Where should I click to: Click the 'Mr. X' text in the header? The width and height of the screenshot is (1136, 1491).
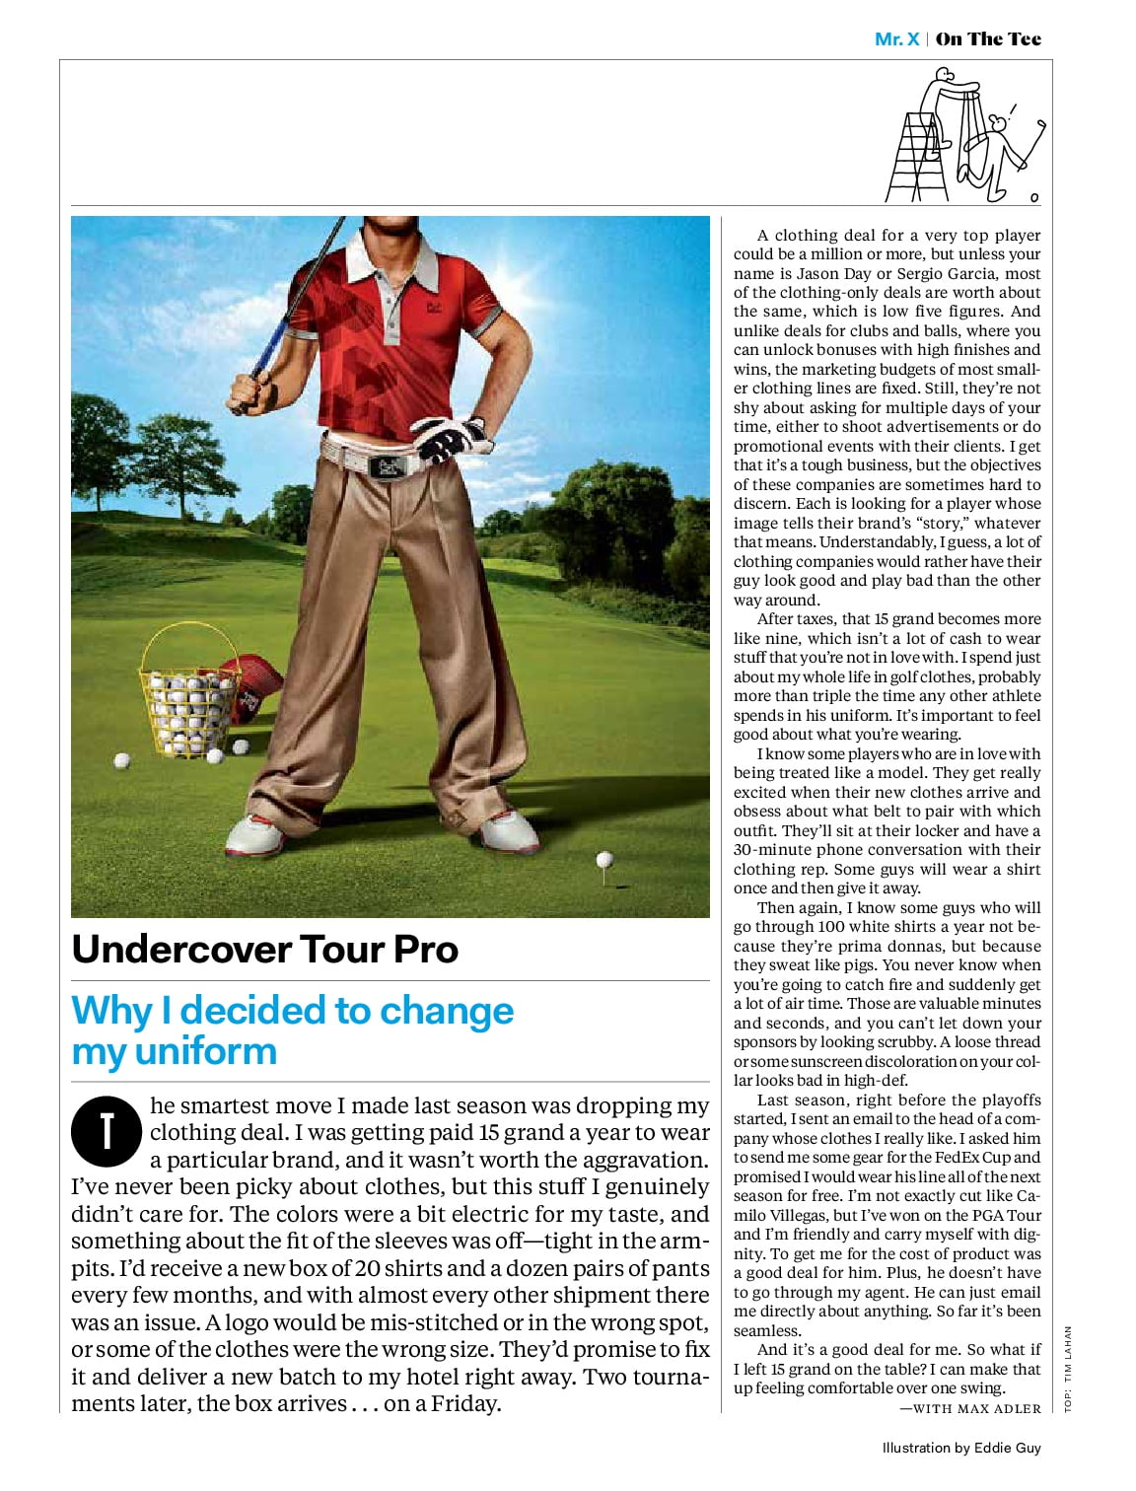pyautogui.click(x=896, y=39)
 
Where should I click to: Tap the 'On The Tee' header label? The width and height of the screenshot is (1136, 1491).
pyautogui.click(x=988, y=39)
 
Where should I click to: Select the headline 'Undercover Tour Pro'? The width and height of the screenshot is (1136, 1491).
pyautogui.click(x=265, y=949)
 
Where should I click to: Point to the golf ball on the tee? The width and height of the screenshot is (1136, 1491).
pyautogui.click(x=604, y=860)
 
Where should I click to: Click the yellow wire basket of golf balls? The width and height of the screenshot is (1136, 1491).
pyautogui.click(x=189, y=690)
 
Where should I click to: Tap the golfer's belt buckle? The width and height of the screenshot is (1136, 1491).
pyautogui.click(x=388, y=465)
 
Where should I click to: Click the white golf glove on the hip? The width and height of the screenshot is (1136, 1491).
pyautogui.click(x=449, y=439)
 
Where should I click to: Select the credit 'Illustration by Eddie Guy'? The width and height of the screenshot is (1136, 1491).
pyautogui.click(x=961, y=1448)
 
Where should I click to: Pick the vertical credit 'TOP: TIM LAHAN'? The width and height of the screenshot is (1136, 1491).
pyautogui.click(x=1067, y=1370)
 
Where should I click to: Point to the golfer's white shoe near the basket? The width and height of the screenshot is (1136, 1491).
pyautogui.click(x=255, y=834)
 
